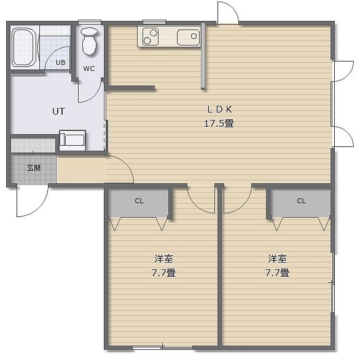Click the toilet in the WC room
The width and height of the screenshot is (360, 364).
(89, 41)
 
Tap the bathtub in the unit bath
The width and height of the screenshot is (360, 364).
(24, 47)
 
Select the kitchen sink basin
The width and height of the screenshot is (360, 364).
(188, 37)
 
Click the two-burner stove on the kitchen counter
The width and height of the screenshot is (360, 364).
(151, 36)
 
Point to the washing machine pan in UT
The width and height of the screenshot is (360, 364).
(72, 140)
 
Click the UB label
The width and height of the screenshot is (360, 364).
(61, 63)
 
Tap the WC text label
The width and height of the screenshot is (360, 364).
(89, 69)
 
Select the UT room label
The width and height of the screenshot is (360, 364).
(58, 111)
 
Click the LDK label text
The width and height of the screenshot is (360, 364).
(219, 109)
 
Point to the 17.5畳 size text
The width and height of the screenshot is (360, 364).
(219, 123)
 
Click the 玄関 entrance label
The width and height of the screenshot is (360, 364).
(34, 168)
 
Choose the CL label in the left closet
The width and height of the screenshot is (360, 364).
(139, 201)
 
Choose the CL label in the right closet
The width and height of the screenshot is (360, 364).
(301, 201)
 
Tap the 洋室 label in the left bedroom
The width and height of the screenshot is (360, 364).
(164, 259)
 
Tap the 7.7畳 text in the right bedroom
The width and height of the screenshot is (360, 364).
(277, 272)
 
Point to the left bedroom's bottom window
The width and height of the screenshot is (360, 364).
(162, 347)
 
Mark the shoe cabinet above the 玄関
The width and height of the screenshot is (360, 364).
(33, 146)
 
